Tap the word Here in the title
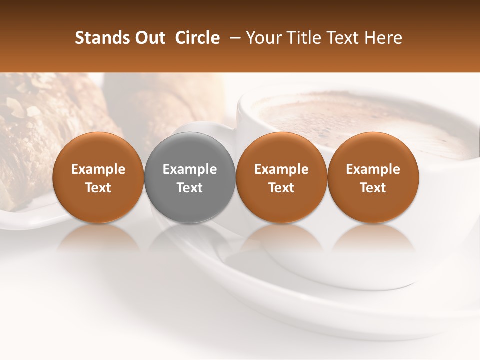[x=384, y=38]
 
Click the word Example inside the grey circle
[x=190, y=169]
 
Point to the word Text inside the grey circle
[x=190, y=188]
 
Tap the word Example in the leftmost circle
[x=98, y=169]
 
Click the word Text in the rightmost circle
[x=373, y=188]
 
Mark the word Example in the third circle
[x=281, y=169]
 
